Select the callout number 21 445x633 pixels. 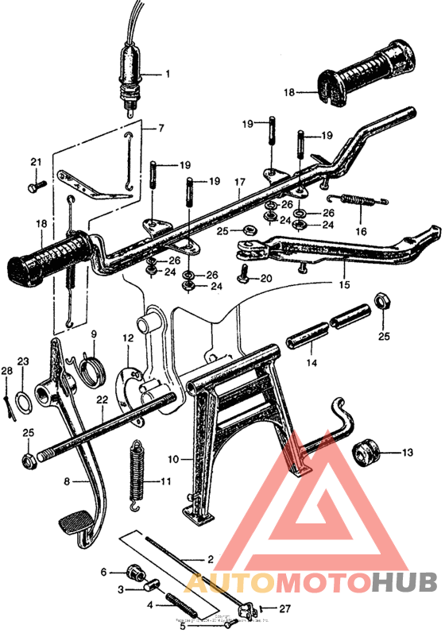pyautogui.click(x=35, y=163)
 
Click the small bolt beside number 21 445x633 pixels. pyautogui.click(x=35, y=187)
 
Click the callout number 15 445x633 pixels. pyautogui.click(x=344, y=284)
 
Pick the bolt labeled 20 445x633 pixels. pyautogui.click(x=245, y=275)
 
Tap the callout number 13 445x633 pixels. pyautogui.click(x=408, y=454)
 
